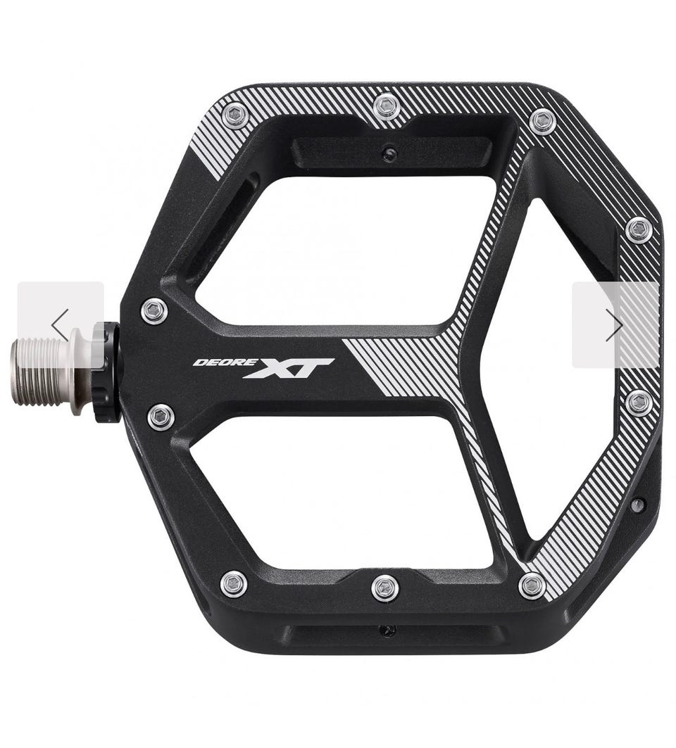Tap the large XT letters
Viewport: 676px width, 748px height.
coord(289,368)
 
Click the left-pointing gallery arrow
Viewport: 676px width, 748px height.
coord(61,325)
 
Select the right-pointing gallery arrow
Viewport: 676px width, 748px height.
coord(614,325)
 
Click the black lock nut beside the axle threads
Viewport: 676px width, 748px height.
coord(107,372)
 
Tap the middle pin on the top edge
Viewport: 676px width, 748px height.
coord(387,108)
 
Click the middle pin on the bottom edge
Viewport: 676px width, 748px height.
coord(384,588)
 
